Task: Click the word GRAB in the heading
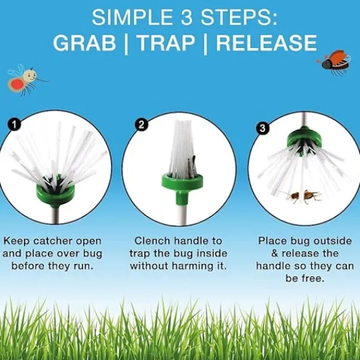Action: click(x=84, y=43)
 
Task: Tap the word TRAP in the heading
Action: click(x=166, y=43)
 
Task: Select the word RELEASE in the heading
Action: click(x=266, y=43)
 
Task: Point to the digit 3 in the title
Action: click(x=186, y=17)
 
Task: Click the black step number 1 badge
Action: click(x=14, y=125)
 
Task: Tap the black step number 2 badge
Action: click(x=142, y=125)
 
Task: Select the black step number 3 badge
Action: click(x=262, y=128)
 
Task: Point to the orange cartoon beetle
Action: click(x=334, y=62)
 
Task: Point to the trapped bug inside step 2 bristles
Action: click(x=191, y=166)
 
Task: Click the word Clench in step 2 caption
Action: click(x=152, y=241)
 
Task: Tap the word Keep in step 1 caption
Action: click(x=17, y=241)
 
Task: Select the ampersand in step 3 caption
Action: click(x=275, y=253)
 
